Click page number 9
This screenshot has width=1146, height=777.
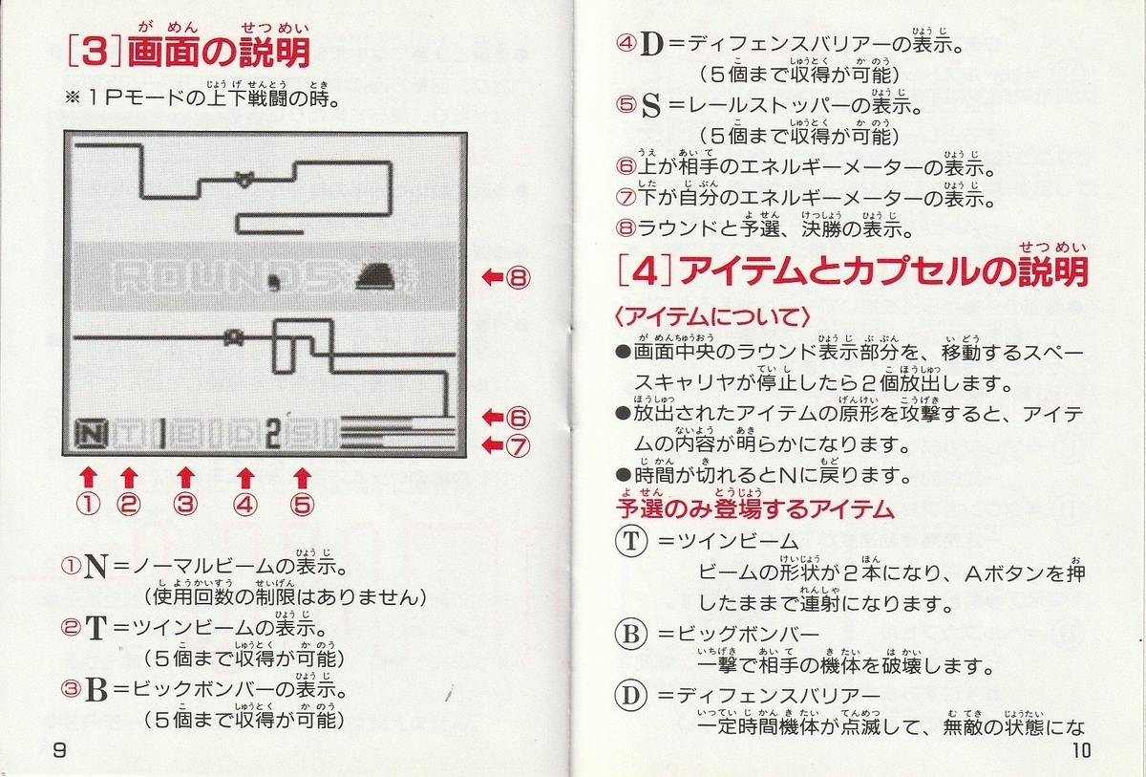point(59,750)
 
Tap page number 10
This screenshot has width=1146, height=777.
point(1081,751)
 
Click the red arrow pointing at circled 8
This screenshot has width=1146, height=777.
point(493,278)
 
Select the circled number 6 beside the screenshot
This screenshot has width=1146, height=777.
point(519,419)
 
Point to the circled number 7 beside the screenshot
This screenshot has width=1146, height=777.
point(519,445)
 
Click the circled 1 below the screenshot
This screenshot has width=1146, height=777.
point(88,505)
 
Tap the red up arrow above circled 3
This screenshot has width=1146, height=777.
point(185,478)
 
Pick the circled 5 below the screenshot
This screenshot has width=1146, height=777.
point(303,505)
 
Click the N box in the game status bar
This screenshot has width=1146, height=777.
point(91,435)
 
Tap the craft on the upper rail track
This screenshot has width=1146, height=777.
point(244,179)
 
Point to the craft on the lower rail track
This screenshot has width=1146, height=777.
point(233,336)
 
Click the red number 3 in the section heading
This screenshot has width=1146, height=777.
point(95,53)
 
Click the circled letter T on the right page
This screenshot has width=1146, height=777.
point(631,541)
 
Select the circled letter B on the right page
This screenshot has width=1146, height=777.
point(631,634)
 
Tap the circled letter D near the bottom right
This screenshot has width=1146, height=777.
point(631,696)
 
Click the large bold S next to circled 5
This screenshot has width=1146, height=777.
point(650,106)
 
